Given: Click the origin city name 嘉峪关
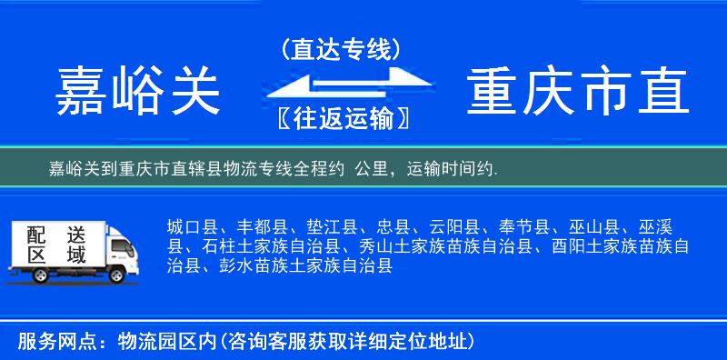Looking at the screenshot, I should coord(138,93).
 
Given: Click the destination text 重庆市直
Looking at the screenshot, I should coord(577,93).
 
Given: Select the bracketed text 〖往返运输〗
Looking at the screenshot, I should coord(341,117).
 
